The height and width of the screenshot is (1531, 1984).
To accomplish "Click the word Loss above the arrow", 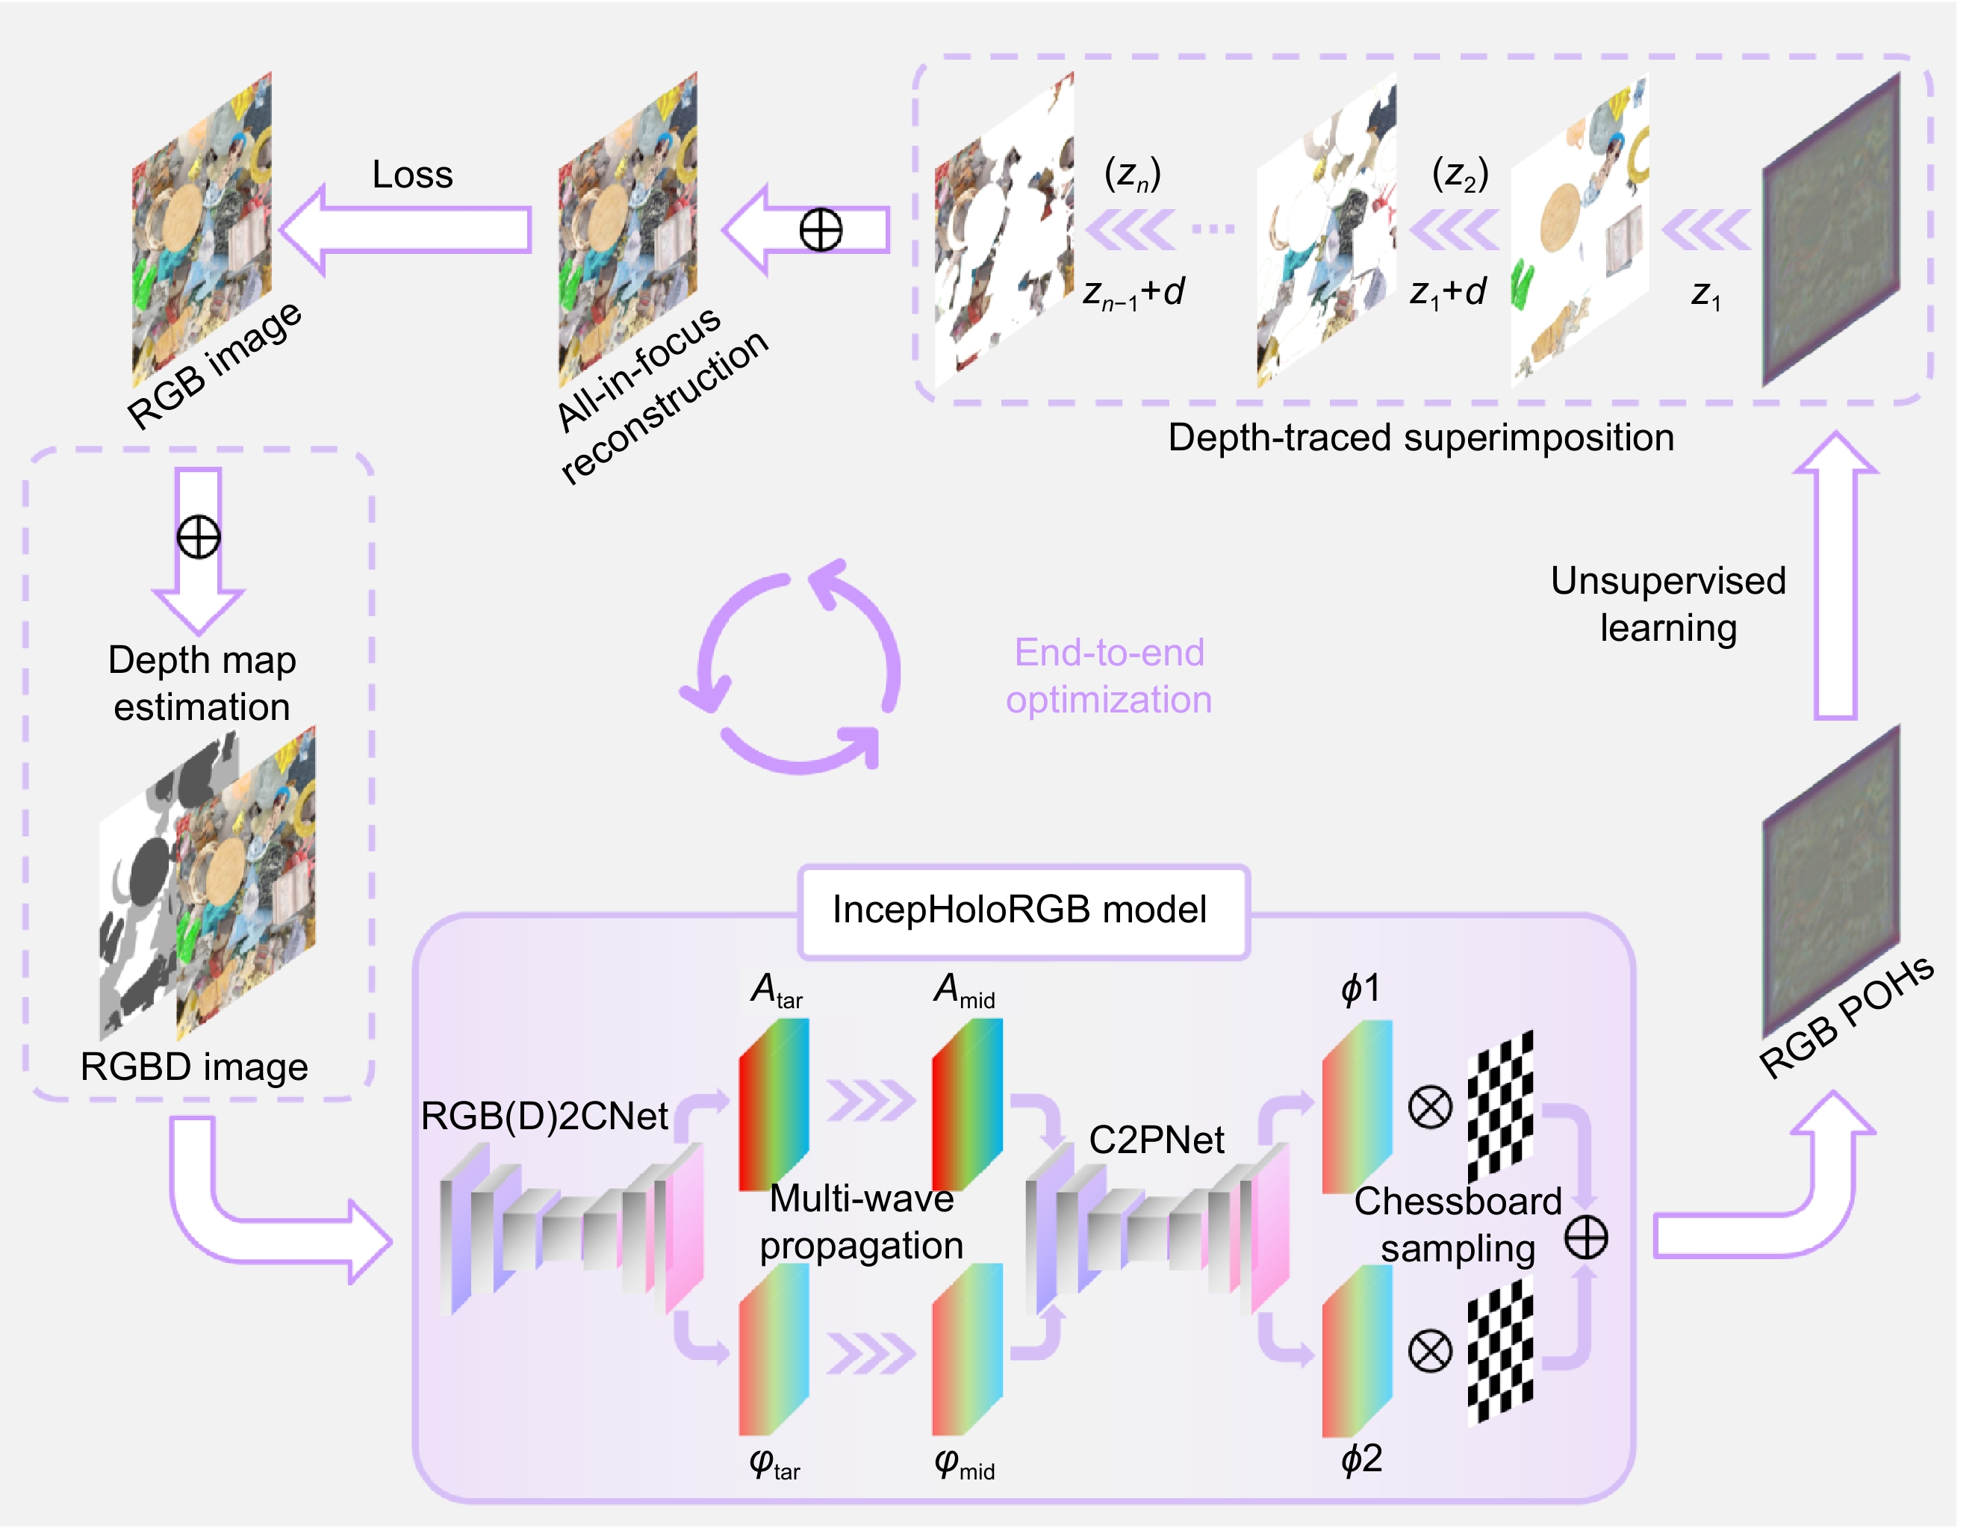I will point(411,175).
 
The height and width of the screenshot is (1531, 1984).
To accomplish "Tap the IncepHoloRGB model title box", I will point(1023,910).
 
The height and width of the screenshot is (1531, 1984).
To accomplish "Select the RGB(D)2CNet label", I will point(544,1116).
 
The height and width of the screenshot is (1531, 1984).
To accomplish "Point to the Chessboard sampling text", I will point(1457,1225).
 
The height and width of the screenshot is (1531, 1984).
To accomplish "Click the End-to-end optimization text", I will point(1108,676).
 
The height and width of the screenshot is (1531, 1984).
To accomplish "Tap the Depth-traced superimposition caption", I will point(1420,438).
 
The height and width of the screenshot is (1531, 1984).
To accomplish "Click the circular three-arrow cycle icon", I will point(790,668).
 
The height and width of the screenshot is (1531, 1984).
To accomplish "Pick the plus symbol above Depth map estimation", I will point(198,537).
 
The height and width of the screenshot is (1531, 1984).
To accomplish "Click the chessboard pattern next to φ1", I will point(1500,1106).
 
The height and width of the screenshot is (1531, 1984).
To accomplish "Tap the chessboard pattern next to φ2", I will point(1500,1351).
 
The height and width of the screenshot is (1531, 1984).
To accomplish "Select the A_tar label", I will point(775,990).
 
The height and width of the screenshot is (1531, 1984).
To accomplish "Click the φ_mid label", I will point(964,1464).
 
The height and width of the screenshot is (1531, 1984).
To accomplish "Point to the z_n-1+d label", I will point(1133,294).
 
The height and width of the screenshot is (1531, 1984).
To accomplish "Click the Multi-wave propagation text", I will point(861,1222).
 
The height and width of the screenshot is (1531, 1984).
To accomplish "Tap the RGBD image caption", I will point(193,1066).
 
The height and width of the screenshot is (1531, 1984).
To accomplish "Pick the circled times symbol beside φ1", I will point(1429,1107).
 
